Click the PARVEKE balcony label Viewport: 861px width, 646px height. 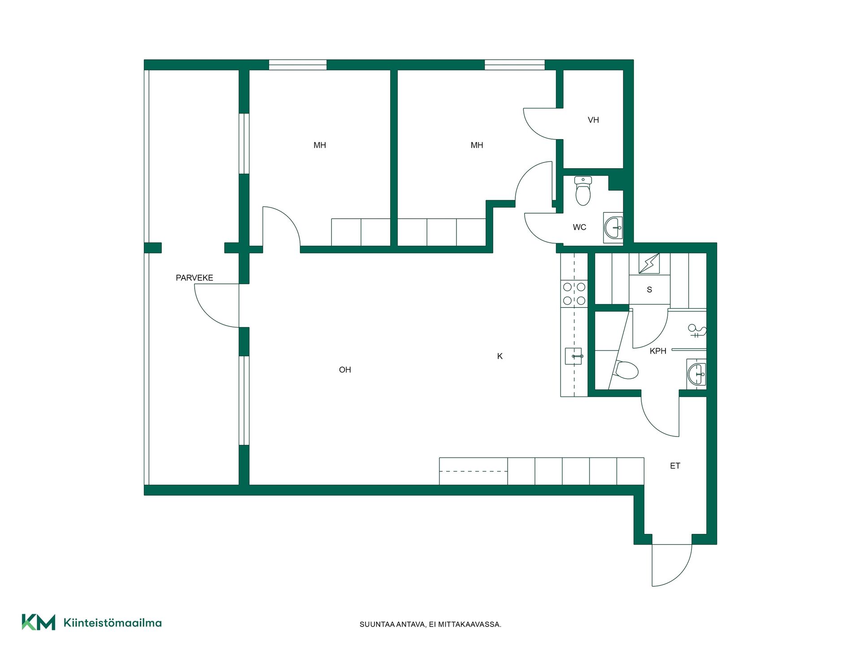click(194, 278)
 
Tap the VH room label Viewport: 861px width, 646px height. click(593, 120)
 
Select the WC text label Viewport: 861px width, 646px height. click(579, 227)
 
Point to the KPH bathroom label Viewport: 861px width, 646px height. click(658, 351)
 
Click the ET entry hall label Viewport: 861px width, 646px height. click(675, 466)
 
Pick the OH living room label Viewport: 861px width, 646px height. click(345, 370)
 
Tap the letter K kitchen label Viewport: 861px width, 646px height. click(500, 356)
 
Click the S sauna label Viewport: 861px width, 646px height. click(649, 290)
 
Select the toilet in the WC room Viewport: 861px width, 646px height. click(583, 191)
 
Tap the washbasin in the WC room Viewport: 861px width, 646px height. click(613, 228)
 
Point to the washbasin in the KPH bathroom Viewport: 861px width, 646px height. click(696, 374)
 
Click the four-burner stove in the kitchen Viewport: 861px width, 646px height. click(574, 294)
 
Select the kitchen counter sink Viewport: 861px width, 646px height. click(574, 356)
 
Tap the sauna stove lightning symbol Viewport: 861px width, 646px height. click(649, 263)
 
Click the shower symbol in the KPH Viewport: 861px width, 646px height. click(697, 331)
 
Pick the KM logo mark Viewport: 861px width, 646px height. click(39, 622)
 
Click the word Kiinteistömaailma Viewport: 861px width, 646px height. click(113, 623)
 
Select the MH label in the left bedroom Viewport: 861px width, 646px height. click(320, 145)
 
